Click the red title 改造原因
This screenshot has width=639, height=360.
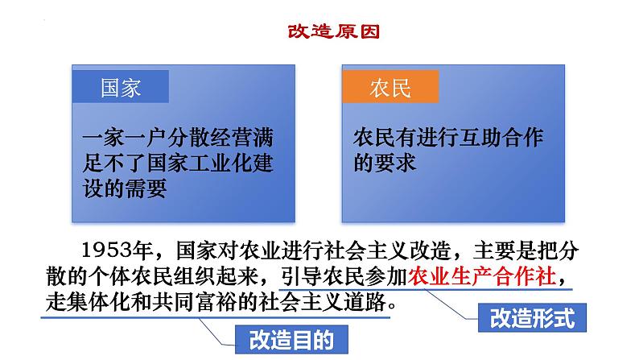coord(334,31)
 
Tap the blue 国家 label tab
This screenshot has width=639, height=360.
coord(121,86)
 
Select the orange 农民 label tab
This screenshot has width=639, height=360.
coord(390,86)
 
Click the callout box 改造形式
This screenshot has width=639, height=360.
coord(532,317)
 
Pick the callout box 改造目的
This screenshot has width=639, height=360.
coord(292,339)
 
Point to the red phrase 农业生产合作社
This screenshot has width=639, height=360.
coord(482,276)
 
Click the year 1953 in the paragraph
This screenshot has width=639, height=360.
coord(108,250)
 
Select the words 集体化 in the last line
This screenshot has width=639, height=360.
coord(98,302)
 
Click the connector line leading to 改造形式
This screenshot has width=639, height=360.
coord(451,304)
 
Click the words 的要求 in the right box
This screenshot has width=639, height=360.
coord(385,163)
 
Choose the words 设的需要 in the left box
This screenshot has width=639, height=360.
coord(125,188)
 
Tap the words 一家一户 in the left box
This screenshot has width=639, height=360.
coord(125,138)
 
